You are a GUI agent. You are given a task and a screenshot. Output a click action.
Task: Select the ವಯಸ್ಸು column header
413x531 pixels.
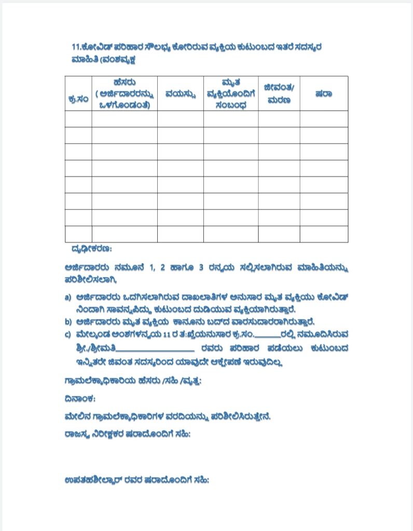click(x=180, y=94)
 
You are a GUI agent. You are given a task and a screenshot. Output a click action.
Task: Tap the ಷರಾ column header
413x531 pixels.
click(x=324, y=94)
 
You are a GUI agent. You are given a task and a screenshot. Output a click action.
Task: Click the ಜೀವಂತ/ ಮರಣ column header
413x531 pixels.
click(x=279, y=93)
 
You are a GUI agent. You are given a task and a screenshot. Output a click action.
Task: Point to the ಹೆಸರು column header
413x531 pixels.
click(x=124, y=93)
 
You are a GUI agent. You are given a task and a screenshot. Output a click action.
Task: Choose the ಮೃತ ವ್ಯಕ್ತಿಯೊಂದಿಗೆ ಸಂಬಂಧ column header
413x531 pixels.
click(x=230, y=94)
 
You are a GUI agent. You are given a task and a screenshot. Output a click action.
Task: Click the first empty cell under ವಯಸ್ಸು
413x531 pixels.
click(x=180, y=119)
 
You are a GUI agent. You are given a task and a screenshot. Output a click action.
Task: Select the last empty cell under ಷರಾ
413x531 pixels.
click(x=324, y=234)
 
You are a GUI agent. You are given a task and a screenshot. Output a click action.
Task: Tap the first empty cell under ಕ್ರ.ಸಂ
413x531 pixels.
click(x=78, y=119)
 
